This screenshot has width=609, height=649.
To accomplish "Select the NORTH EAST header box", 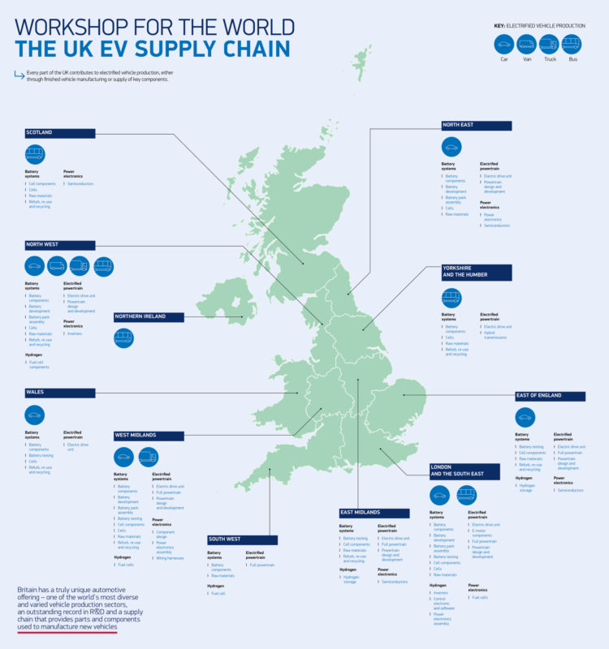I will pyautogui.click(x=476, y=126).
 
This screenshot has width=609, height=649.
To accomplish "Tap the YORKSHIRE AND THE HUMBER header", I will pyautogui.click(x=476, y=273).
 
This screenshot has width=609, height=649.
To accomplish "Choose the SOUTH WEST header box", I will pyautogui.click(x=242, y=539).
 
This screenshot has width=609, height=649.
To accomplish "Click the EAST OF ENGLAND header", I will pyautogui.click(x=548, y=396).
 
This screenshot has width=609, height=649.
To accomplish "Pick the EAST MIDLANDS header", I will pyautogui.click(x=374, y=513).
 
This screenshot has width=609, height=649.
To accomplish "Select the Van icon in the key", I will pyautogui.click(x=526, y=44).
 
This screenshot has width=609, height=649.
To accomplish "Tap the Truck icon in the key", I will pyautogui.click(x=549, y=44).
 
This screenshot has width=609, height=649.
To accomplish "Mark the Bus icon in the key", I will pyautogui.click(x=572, y=44).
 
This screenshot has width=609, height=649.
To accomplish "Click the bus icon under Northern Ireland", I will pyautogui.click(x=123, y=337).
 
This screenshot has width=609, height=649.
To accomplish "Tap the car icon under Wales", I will pyautogui.click(x=35, y=415).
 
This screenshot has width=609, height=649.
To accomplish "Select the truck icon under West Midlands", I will pyautogui.click(x=148, y=457).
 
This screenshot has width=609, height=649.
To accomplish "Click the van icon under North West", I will pyautogui.click(x=57, y=265).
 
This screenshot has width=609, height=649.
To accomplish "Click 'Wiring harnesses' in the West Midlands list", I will pyautogui.click(x=171, y=558).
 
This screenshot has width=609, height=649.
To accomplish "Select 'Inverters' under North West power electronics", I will pyautogui.click(x=75, y=333).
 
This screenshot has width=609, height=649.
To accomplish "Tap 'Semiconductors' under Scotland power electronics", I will pyautogui.click(x=80, y=184).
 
